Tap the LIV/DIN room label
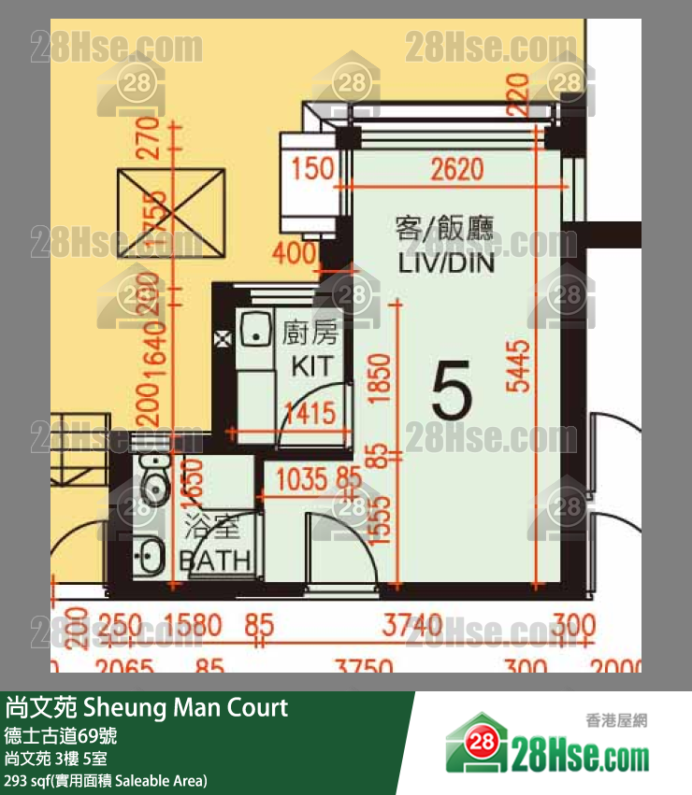point(445,262)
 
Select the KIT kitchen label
point(311,364)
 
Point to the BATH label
point(215,560)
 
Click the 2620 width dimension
point(457,169)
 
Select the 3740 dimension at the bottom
point(411,624)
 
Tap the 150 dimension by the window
point(312,170)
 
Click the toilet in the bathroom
point(151,482)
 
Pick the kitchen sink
point(252,330)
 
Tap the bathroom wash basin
point(148,558)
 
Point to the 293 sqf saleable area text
point(106,780)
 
